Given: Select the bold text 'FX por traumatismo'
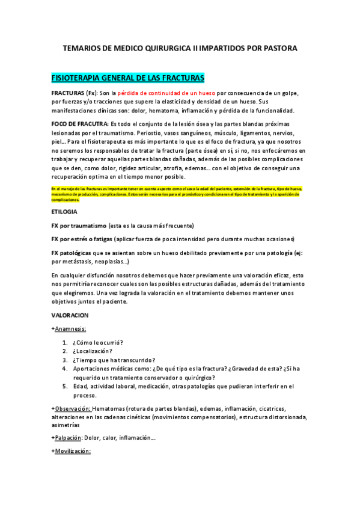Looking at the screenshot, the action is pos(79,226).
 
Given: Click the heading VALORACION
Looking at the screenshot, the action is pos(70,315).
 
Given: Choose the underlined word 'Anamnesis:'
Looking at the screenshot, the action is pos(70,328).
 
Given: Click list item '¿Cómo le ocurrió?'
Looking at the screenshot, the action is pos(98,342).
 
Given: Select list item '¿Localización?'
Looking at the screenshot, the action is pos(93,351).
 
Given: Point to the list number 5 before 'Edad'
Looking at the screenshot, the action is pos(64,386).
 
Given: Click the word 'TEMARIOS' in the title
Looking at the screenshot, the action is pos(82,48).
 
